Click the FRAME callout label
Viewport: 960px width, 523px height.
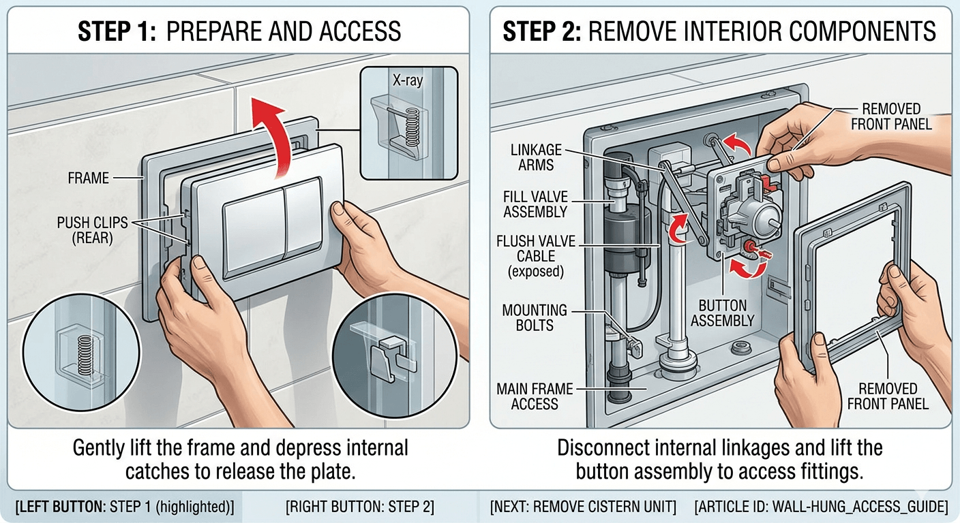(x=89, y=178)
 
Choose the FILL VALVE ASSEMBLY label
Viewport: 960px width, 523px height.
(x=535, y=204)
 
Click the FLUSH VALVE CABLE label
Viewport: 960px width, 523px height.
(x=535, y=256)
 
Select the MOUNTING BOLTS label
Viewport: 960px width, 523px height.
(x=535, y=318)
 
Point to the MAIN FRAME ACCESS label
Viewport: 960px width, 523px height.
(x=535, y=396)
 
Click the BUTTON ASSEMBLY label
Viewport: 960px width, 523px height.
(x=723, y=313)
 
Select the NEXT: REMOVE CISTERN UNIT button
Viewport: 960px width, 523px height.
(x=583, y=507)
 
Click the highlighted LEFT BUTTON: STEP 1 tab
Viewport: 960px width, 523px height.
(x=124, y=507)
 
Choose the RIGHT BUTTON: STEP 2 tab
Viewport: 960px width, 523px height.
(x=360, y=507)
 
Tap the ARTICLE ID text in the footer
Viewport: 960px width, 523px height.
(x=821, y=507)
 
